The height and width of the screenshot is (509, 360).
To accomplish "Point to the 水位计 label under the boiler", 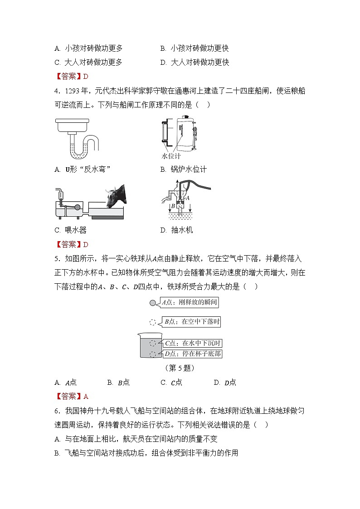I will pos(171,156).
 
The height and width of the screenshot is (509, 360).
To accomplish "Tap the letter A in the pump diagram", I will pos(187,198).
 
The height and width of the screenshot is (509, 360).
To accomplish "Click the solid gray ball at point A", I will pos(153,302).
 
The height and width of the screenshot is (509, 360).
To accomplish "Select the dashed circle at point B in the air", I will pos(153,322).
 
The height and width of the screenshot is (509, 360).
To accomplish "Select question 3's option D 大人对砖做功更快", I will pos(195,63).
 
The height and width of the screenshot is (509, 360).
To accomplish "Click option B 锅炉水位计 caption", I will pos(183,170).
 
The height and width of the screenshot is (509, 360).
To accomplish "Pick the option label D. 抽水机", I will pos(176,230).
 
